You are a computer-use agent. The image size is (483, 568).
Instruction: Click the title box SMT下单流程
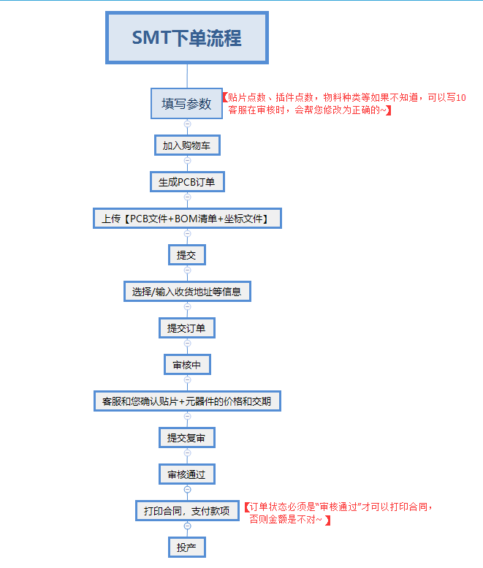(187, 37)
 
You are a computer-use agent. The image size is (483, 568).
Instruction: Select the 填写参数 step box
(187, 103)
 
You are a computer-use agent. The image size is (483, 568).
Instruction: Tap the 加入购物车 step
(187, 145)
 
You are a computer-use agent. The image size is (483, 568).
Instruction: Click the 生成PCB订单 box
(187, 182)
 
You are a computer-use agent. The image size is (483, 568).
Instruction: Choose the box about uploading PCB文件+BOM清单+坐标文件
(187, 219)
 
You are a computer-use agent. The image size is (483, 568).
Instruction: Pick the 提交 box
(187, 255)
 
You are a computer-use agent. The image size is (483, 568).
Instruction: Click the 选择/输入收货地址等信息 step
(187, 292)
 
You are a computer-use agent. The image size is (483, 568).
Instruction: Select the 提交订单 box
(187, 328)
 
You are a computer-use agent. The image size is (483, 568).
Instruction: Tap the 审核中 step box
(187, 365)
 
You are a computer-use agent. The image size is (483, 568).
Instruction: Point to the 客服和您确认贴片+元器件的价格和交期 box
(187, 401)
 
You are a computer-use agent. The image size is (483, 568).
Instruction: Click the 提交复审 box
(187, 438)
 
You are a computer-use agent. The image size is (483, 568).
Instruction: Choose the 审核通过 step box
(187, 474)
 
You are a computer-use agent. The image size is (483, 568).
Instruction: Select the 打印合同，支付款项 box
(187, 511)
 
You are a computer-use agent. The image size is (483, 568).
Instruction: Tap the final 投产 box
(187, 548)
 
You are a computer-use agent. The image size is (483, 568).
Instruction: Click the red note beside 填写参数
(343, 103)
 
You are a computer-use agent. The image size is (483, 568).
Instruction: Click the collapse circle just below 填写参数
(187, 124)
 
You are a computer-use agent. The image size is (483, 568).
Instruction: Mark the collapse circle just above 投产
(187, 526)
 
